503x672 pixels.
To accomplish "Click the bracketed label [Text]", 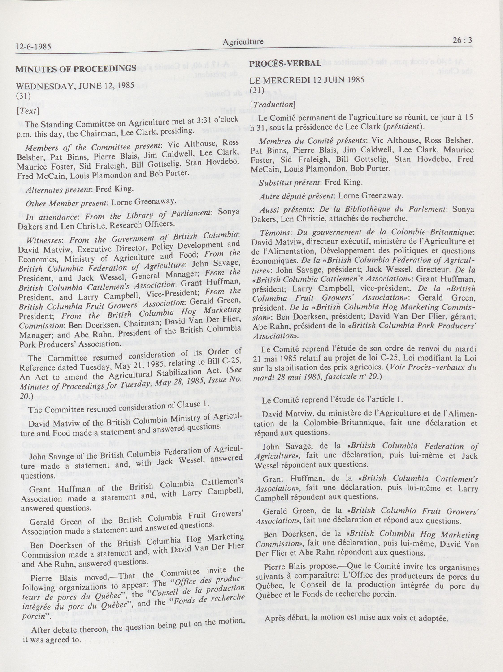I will (x=27, y=111).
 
